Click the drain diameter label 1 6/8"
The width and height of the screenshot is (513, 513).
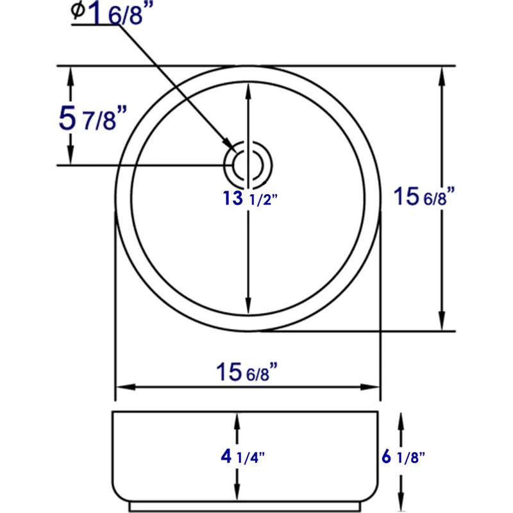pyautogui.click(x=116, y=13)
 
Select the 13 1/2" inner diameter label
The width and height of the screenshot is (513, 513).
pyautogui.click(x=250, y=199)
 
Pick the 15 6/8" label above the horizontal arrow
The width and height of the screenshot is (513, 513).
pyautogui.click(x=247, y=372)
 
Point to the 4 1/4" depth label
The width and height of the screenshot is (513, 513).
pyautogui.click(x=242, y=457)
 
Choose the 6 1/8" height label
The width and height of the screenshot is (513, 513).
pyautogui.click(x=403, y=457)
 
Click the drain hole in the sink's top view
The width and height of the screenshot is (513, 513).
pyautogui.click(x=248, y=165)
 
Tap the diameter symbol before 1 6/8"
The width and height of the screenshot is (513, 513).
pyautogui.click(x=78, y=10)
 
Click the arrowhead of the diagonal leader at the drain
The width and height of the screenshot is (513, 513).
pyautogui.click(x=228, y=144)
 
